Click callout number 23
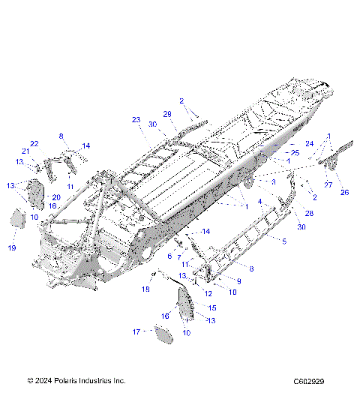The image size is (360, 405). click(136, 120)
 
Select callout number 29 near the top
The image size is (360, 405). click(168, 113)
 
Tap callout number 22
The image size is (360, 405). click(34, 144)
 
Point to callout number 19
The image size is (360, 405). click(12, 247)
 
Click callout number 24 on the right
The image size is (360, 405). click(309, 143)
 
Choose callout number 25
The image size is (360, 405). click(295, 153)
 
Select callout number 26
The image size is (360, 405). click(345, 192)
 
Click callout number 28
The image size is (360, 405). click(309, 214)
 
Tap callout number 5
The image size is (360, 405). click(283, 241)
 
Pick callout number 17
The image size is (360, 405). click(136, 331)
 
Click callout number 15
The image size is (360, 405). click(212, 307)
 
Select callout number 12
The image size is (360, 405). click(208, 293)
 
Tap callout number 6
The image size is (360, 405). click(169, 256)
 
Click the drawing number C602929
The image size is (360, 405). click(309, 381)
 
